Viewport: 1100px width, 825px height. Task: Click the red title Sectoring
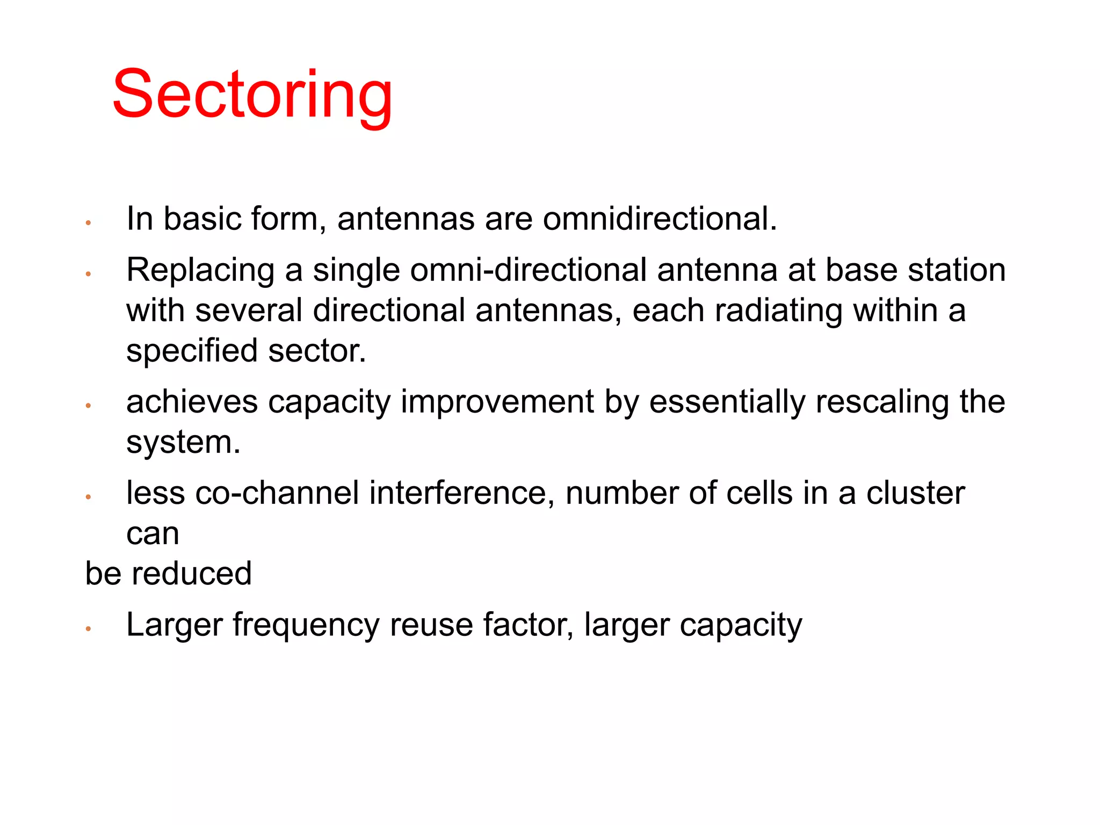pos(252,96)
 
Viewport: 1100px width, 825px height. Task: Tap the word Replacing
pos(200,270)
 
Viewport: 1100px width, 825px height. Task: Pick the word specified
pos(192,352)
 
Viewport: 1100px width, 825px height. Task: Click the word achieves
pos(192,402)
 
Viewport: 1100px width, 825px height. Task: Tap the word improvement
pos(497,402)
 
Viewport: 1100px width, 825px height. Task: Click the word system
pos(183,443)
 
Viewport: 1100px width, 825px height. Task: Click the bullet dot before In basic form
pos(89,222)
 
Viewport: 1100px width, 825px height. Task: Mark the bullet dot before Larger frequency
pos(89,628)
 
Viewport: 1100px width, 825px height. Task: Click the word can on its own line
pos(153,534)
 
